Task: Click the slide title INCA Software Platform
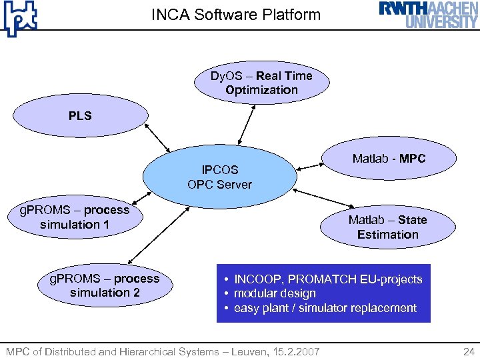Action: coord(236,15)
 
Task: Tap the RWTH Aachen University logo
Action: coord(429,15)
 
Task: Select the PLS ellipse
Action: coord(81,116)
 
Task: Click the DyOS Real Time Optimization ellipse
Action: coord(261,83)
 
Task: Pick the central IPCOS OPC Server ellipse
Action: coord(220,177)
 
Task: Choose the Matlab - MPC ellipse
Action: coord(389,159)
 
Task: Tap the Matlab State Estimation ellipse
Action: coord(387,227)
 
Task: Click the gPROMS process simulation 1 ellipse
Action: coord(75,217)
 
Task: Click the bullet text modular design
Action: coord(275,293)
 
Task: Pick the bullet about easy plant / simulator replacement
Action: coord(325,308)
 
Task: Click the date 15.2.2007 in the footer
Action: coord(299,351)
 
